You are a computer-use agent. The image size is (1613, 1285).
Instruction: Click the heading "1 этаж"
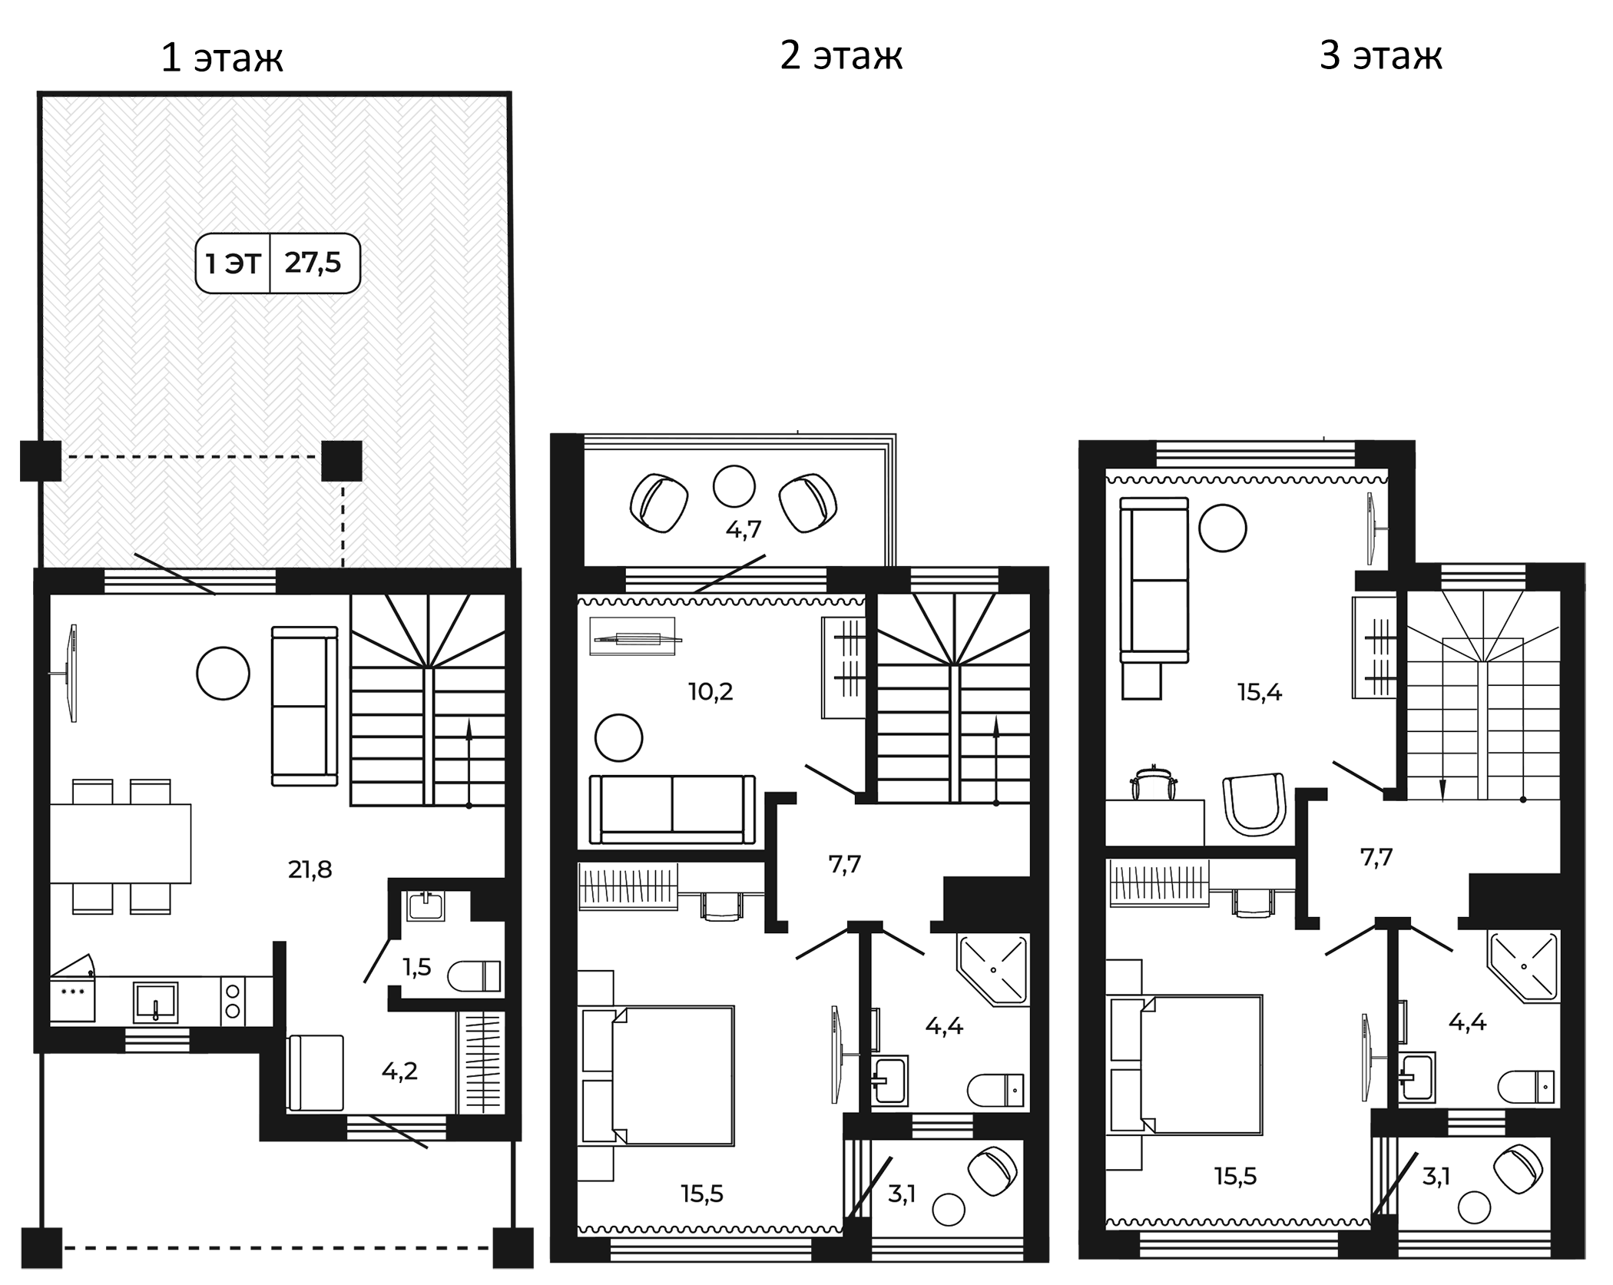click(222, 58)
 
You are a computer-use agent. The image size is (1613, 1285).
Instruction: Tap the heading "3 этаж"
click(1380, 56)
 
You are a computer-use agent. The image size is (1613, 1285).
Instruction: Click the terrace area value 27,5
click(313, 263)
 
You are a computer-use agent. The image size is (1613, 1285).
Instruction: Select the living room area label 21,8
click(310, 869)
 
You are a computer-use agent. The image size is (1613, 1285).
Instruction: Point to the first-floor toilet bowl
click(474, 976)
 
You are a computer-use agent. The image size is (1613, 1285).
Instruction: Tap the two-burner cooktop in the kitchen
click(233, 1001)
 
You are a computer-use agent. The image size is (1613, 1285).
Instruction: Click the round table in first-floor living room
click(223, 674)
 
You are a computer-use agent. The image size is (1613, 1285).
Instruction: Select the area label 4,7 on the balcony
click(744, 529)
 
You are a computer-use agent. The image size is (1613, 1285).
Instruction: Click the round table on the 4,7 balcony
click(734, 486)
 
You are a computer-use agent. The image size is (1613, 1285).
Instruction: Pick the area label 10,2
click(710, 691)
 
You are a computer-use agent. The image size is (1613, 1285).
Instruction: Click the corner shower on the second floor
click(993, 970)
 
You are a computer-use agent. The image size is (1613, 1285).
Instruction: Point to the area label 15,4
click(1260, 692)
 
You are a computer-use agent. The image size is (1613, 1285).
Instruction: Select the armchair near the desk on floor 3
click(1254, 805)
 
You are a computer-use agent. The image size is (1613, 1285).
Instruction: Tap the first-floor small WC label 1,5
click(417, 967)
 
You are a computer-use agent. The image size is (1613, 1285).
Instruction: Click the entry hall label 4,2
click(399, 1071)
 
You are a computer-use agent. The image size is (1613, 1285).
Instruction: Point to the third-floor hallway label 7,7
click(1376, 857)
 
